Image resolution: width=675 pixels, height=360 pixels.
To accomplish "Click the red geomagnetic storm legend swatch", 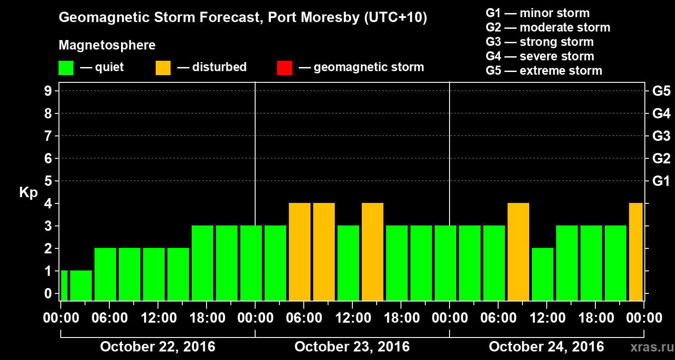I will pos(284,68).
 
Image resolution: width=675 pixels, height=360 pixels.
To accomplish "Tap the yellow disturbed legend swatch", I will pos(163,68).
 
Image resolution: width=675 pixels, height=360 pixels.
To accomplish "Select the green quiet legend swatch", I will pos(66,68).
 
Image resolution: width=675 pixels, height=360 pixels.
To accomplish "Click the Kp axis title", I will pos(28,193).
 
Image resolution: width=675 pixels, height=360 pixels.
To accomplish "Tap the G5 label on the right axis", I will pos(661,91).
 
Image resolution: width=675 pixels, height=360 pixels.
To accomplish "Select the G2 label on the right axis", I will pos(661,159).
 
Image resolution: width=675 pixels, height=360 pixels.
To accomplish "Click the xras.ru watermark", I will pos(648,347).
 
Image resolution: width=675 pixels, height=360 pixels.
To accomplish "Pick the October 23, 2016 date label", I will pos(352,347).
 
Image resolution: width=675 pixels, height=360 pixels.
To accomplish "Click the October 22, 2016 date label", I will pos(157,347).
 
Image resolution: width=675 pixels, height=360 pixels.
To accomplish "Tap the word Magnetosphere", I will pos(107,45).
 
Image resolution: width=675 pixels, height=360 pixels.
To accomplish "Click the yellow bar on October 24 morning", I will pos(518,252).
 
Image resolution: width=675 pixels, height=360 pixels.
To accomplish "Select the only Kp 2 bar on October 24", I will pos(543,274).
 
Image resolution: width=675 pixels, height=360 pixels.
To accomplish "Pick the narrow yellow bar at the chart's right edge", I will pos(636,252).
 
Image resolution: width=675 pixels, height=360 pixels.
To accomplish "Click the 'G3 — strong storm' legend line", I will pos(540,42).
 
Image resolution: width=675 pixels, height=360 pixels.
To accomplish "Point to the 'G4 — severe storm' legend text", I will pos(540,56).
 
